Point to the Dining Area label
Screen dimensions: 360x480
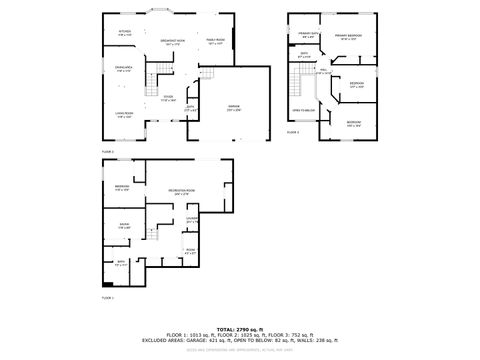point(123,69)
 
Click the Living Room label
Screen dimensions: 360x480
point(124,115)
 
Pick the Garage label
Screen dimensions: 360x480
point(233,107)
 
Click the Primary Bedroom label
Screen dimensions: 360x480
point(348,36)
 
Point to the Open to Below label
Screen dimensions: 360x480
point(303,109)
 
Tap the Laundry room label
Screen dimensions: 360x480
point(192,220)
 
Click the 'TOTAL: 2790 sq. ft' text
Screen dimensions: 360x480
point(239,328)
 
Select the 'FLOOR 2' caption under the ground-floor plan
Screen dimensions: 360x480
point(108,151)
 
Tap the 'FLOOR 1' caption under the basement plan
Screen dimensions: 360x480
point(108,298)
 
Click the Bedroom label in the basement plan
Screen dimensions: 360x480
point(122,188)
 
